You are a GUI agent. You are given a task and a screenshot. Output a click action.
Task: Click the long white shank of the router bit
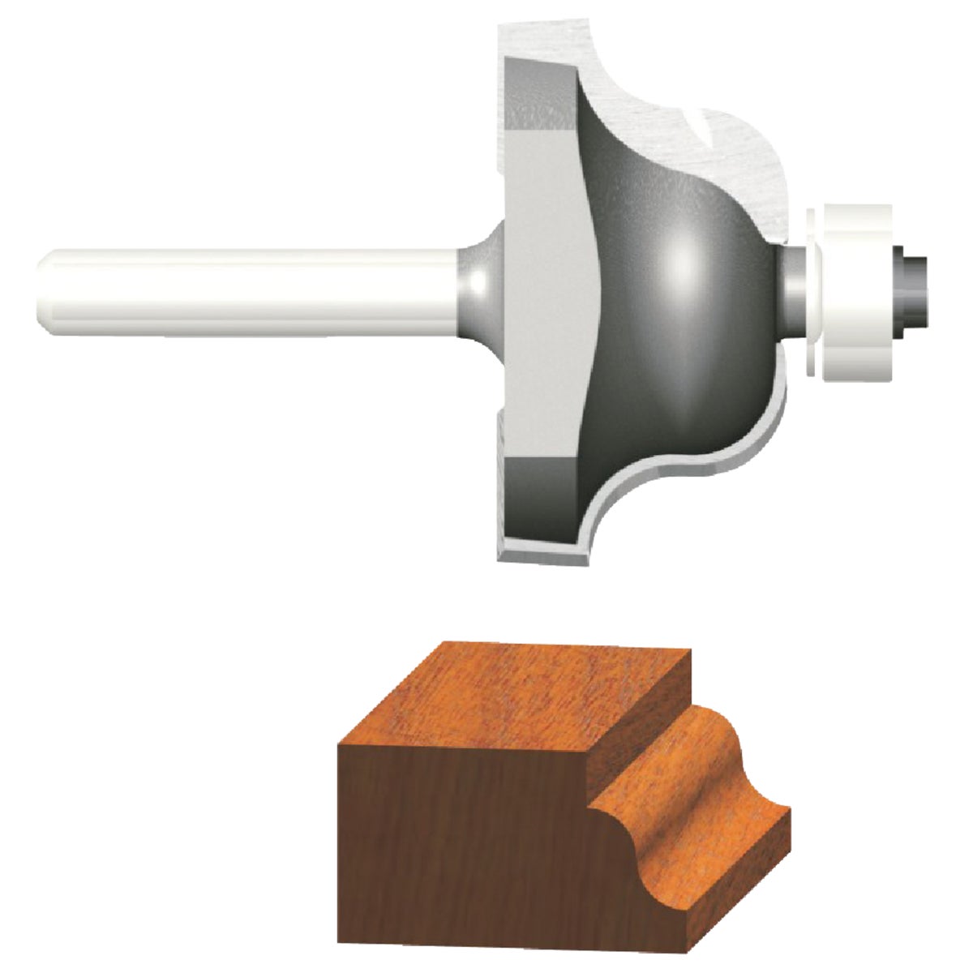(x=243, y=288)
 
